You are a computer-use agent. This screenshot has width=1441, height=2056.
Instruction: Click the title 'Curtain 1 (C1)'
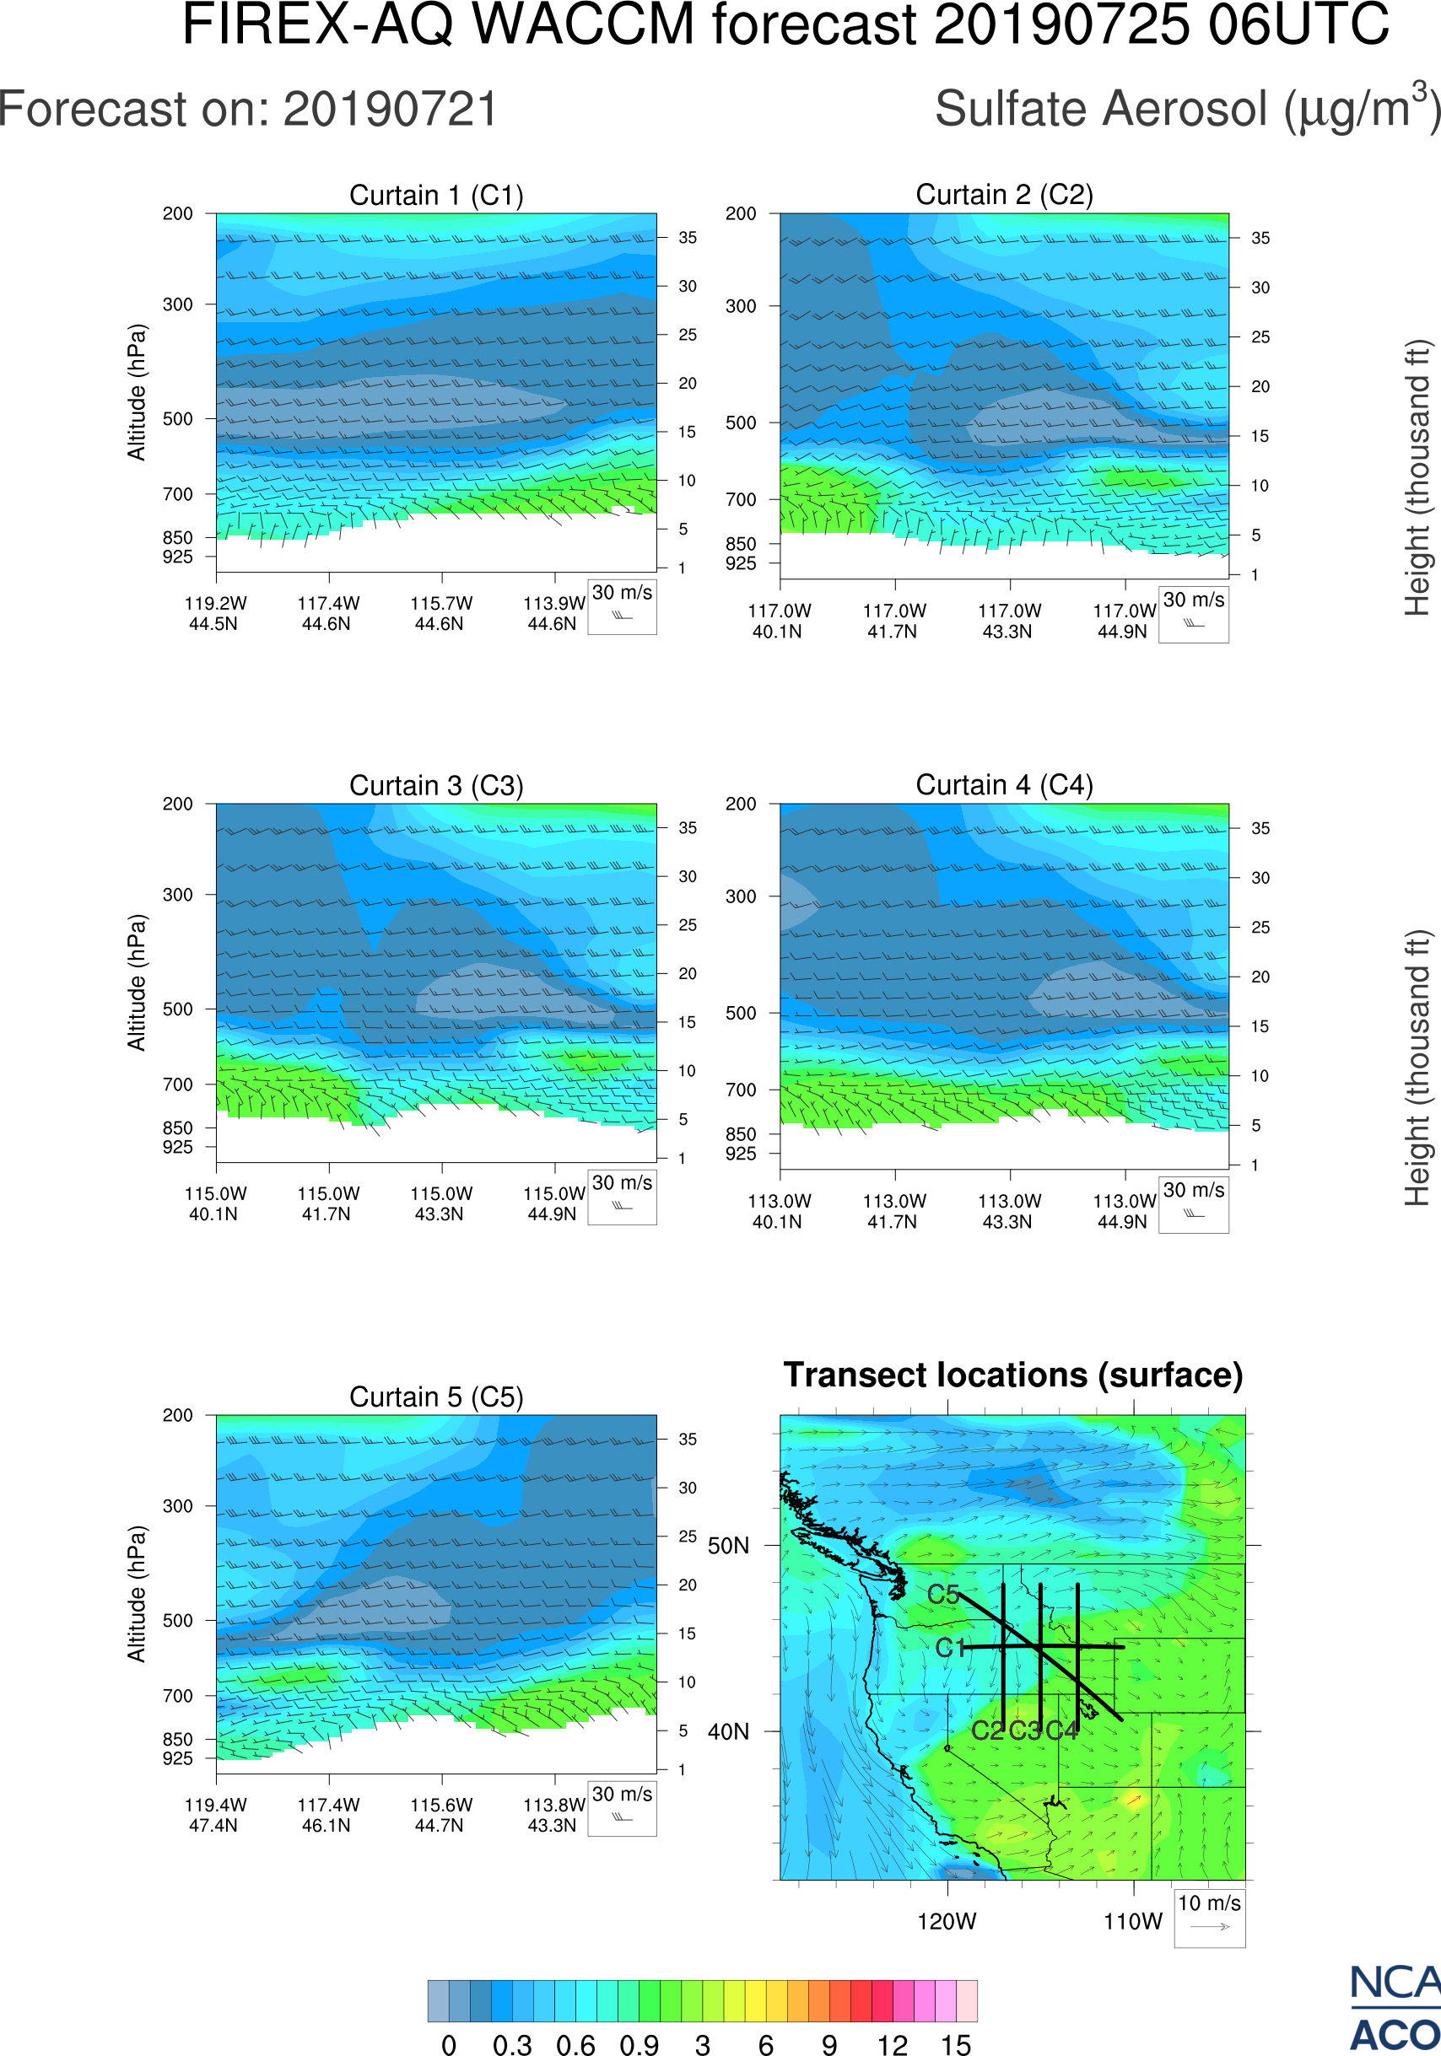click(x=436, y=195)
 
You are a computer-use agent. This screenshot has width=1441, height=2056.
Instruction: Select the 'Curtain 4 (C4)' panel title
click(x=1004, y=785)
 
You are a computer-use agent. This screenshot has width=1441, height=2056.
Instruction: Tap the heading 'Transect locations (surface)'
click(x=1013, y=1375)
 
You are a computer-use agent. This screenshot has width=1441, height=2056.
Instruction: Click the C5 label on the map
click(x=943, y=1595)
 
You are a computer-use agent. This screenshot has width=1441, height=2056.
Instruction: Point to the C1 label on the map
click(x=950, y=1648)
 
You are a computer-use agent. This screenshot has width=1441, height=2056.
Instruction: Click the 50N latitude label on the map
click(x=728, y=1547)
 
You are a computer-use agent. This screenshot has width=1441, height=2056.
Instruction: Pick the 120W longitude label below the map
click(x=947, y=1921)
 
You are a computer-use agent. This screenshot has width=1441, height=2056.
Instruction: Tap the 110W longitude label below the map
click(x=1133, y=1921)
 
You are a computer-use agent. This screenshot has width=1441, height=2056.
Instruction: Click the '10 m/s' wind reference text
click(x=1209, y=1903)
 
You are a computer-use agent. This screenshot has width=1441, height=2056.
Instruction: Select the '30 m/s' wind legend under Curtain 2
click(x=1193, y=600)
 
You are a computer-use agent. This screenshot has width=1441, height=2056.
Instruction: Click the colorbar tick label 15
click(x=956, y=2044)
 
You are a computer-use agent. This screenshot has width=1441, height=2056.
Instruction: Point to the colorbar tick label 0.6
click(x=575, y=2044)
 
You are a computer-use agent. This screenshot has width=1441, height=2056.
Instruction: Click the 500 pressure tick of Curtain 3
click(x=177, y=1009)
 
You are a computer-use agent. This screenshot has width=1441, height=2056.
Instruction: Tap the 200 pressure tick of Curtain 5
click(x=177, y=1416)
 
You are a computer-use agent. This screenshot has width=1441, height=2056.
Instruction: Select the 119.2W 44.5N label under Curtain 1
click(x=215, y=613)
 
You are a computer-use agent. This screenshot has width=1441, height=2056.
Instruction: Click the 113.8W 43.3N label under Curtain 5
click(x=553, y=1815)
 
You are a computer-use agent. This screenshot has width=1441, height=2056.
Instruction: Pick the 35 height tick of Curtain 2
click(x=1260, y=238)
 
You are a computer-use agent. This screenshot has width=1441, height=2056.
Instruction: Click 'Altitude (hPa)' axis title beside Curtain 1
click(x=136, y=392)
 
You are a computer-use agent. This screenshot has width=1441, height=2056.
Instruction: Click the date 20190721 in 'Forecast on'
click(x=391, y=110)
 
